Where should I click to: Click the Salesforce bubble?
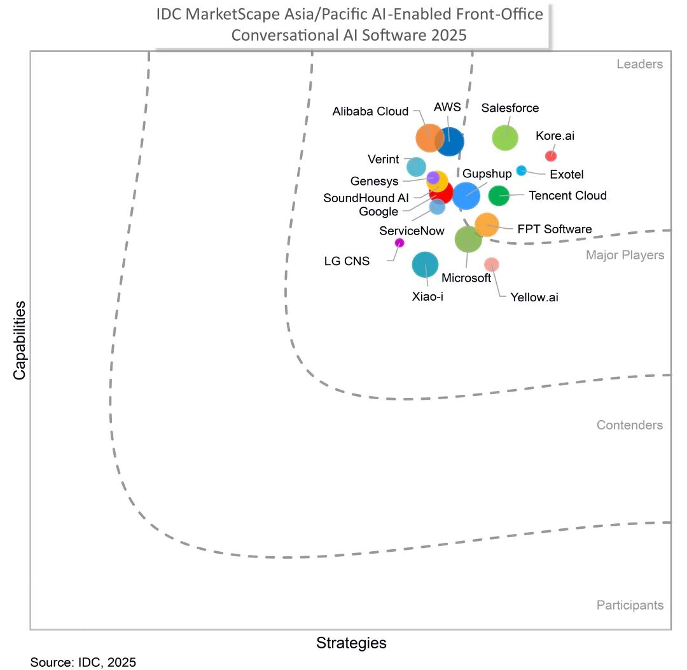(x=506, y=137)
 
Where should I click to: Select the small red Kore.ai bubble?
(x=551, y=156)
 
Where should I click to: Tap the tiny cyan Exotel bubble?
(x=521, y=170)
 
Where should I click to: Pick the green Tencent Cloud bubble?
(x=499, y=196)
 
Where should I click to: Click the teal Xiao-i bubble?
(x=425, y=265)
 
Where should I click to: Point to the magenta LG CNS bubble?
(x=399, y=242)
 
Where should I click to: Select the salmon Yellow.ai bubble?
(x=491, y=264)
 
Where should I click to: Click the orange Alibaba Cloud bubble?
(x=429, y=138)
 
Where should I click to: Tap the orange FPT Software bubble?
(x=487, y=224)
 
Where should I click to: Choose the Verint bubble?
(x=416, y=167)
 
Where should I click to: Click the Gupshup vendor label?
(x=487, y=174)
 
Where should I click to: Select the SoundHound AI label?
(x=366, y=198)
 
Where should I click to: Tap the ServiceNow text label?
(x=412, y=231)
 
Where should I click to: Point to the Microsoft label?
(x=466, y=278)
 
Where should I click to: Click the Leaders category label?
(x=639, y=64)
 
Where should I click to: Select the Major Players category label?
(x=625, y=256)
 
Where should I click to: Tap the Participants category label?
(x=630, y=605)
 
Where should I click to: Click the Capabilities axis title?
(x=20, y=340)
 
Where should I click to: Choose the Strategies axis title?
(x=351, y=643)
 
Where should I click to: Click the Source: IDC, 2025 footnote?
(x=83, y=662)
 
